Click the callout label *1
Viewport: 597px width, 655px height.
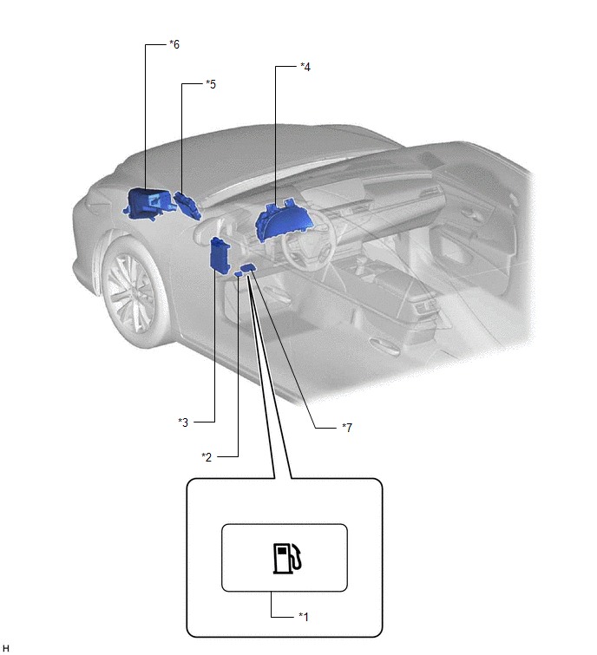point(304,616)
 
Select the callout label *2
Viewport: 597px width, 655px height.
point(207,456)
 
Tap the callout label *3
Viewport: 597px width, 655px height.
point(182,422)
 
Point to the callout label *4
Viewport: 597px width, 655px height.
point(305,66)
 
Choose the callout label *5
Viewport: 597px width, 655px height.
point(210,84)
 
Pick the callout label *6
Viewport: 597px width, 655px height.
point(174,43)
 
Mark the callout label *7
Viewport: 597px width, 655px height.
point(346,427)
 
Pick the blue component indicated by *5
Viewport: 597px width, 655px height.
point(187,205)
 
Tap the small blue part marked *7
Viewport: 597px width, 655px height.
point(249,269)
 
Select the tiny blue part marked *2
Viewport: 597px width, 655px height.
point(238,274)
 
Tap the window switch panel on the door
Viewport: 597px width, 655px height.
point(425,307)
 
